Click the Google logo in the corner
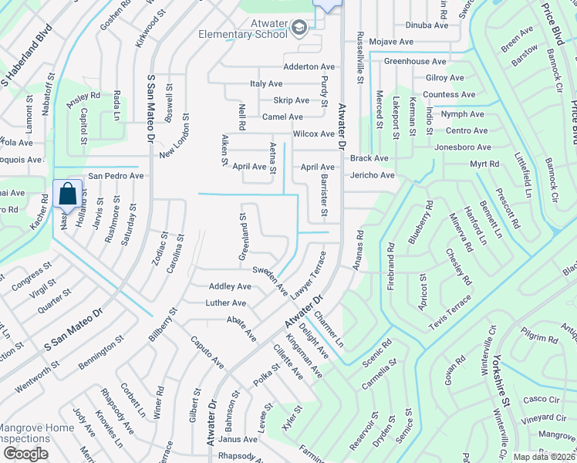(x=25, y=454)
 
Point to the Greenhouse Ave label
(x=415, y=61)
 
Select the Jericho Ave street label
(x=372, y=175)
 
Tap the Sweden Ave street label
(x=270, y=280)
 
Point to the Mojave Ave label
(x=393, y=42)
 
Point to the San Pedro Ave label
(x=116, y=176)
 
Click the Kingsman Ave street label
(x=304, y=355)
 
